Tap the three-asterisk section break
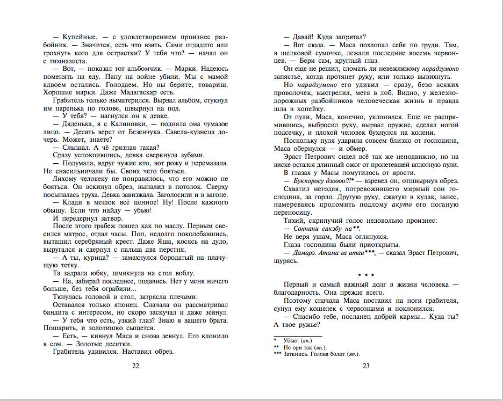[366, 275]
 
